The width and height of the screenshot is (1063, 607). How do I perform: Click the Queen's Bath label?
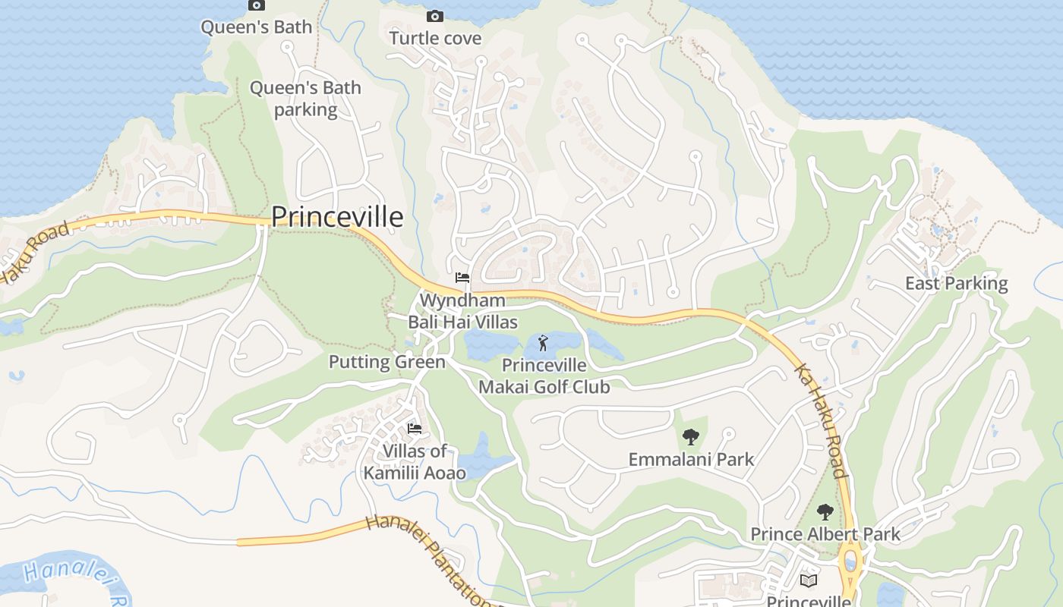click(256, 27)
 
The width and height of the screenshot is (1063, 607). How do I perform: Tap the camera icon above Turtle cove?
click(435, 16)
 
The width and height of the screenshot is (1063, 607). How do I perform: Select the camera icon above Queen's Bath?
click(257, 5)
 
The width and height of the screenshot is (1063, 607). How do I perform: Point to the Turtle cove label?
click(435, 38)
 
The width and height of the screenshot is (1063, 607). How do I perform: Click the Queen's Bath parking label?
click(305, 99)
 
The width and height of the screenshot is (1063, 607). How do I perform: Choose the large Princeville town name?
click(337, 217)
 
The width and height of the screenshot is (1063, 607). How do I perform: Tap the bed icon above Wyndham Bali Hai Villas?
click(462, 278)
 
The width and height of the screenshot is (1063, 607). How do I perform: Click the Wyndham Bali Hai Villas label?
click(462, 311)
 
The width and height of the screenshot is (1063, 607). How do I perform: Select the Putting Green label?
click(386, 362)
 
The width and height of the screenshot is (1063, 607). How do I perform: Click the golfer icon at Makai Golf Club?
click(543, 344)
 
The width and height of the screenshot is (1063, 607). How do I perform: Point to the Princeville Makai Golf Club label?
click(544, 376)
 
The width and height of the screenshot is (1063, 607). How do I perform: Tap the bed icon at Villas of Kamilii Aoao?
click(415, 429)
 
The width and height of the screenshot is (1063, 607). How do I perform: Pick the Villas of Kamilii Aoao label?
click(415, 462)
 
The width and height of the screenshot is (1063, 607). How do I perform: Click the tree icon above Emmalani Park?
click(690, 437)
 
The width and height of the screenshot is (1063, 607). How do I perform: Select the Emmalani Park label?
click(691, 459)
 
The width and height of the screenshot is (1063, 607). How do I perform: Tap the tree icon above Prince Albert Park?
click(825, 512)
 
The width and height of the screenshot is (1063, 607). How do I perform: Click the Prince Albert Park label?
click(825, 534)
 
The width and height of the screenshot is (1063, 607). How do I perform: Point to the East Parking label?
click(956, 284)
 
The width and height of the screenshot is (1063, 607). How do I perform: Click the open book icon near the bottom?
click(809, 580)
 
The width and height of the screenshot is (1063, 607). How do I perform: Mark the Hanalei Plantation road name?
click(429, 560)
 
